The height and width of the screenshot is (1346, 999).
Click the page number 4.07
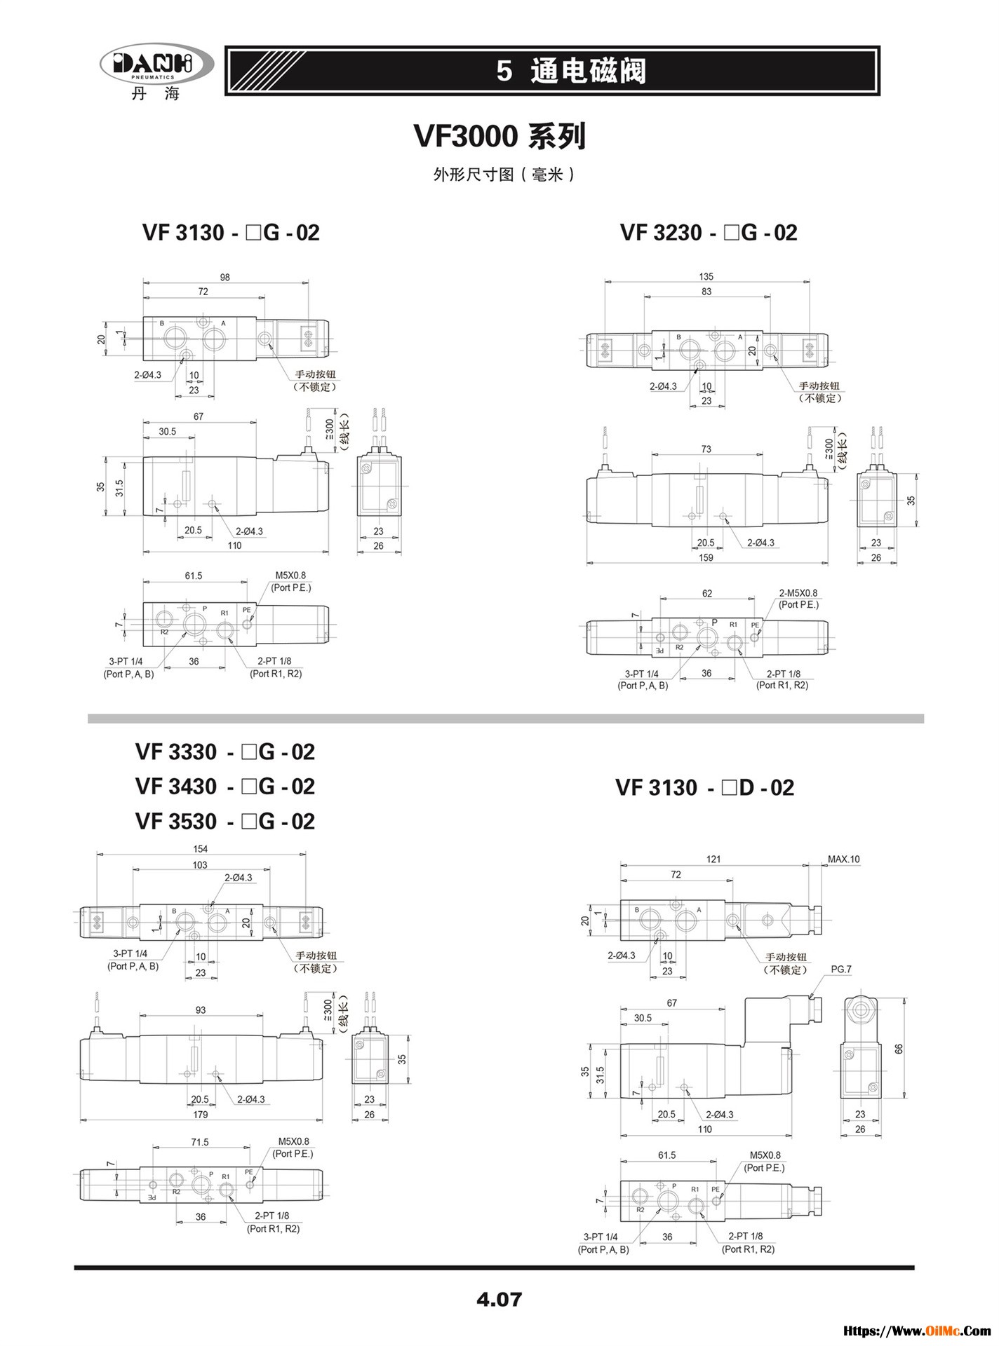coord(499,1299)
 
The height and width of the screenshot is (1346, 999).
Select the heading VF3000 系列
coord(499,136)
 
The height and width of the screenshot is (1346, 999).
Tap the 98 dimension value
coord(224,278)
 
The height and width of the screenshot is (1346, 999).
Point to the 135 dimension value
coord(706,277)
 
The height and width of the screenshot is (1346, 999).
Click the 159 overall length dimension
coord(706,558)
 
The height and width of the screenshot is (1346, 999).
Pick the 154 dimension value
coord(200,849)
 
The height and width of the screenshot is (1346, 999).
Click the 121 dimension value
coord(713,859)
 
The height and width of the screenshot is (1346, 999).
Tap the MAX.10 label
coord(843,859)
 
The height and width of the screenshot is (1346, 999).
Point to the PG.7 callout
coord(840,970)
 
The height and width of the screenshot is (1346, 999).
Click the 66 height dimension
coord(899,1049)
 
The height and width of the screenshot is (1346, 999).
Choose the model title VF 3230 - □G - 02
coord(709,233)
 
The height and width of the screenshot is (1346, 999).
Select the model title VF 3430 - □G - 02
coord(225,787)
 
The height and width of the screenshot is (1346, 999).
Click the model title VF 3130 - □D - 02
coord(704,788)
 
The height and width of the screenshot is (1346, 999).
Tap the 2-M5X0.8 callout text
coord(798,593)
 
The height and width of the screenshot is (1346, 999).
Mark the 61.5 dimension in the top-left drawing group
coord(194,576)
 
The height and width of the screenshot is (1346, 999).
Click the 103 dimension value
coord(200,865)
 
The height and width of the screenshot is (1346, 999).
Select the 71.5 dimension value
coord(200,1142)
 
